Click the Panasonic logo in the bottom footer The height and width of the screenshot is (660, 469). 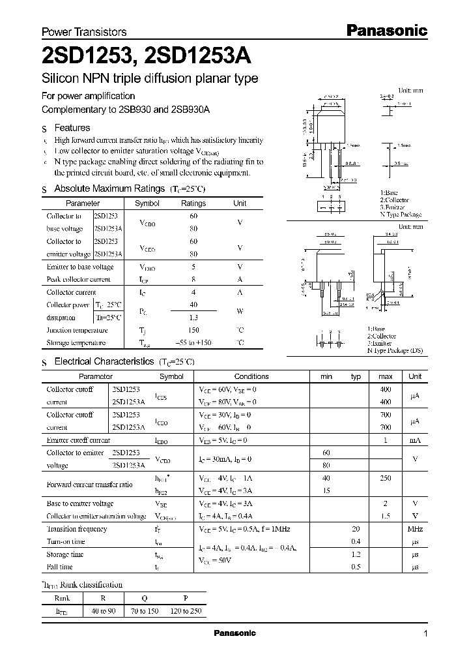click(x=234, y=633)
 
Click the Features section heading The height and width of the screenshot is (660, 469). click(x=72, y=128)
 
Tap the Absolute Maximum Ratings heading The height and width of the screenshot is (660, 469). click(x=109, y=188)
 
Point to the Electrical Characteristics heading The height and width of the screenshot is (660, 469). click(x=104, y=361)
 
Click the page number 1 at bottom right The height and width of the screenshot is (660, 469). click(x=425, y=634)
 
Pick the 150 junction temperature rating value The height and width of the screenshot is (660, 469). click(x=193, y=330)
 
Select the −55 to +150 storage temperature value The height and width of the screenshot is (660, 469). click(x=193, y=343)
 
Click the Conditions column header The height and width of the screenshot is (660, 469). click(x=251, y=376)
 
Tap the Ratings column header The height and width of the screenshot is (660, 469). click(x=193, y=203)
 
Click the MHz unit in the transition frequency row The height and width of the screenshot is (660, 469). click(x=415, y=529)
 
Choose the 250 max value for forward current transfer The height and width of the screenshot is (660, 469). click(x=385, y=478)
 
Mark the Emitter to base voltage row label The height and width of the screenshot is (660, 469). click(x=80, y=267)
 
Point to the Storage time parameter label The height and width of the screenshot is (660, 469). click(x=65, y=554)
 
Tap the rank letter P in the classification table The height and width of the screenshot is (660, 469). click(x=186, y=597)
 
